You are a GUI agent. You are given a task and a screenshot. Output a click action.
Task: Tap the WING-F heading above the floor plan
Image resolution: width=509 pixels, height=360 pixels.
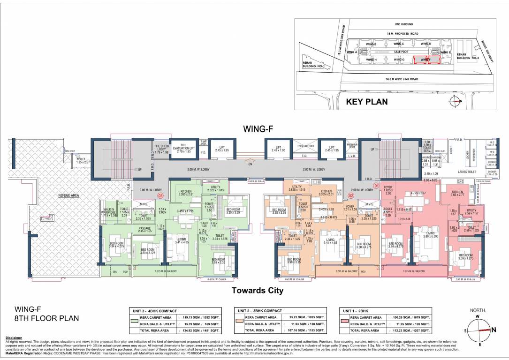(257, 128)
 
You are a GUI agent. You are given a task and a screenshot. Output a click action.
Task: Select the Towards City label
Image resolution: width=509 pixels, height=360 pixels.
(258, 291)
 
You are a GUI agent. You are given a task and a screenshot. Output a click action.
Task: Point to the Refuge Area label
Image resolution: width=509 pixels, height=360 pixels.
(68, 195)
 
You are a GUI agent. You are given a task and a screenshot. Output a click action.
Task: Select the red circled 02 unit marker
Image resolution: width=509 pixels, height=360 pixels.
(350, 195)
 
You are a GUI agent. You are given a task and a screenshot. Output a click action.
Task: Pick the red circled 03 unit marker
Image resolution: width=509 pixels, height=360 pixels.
(160, 195)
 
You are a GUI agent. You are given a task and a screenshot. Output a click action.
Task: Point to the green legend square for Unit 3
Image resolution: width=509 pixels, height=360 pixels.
(135, 321)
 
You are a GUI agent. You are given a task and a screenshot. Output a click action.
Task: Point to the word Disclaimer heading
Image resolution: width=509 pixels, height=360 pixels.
(14, 338)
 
